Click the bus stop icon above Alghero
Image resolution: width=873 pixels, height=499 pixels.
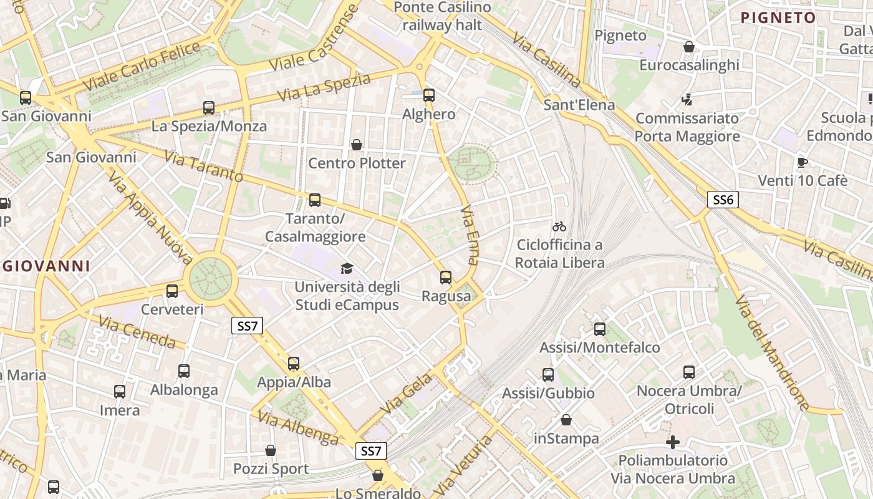pyautogui.click(x=429, y=95)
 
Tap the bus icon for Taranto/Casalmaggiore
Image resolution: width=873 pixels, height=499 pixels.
pyautogui.click(x=315, y=200)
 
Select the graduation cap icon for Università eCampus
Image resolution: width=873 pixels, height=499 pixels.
pyautogui.click(x=347, y=268)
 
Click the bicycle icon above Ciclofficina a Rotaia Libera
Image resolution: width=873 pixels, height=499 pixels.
pyautogui.click(x=559, y=226)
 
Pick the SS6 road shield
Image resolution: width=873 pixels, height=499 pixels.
pyautogui.click(x=723, y=200)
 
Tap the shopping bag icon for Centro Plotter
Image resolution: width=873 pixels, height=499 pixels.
pyautogui.click(x=357, y=145)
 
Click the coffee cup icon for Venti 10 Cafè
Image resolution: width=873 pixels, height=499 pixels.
pyautogui.click(x=803, y=162)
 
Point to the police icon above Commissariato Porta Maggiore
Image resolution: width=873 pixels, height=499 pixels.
pyautogui.click(x=687, y=99)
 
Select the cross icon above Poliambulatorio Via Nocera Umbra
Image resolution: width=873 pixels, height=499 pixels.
pyautogui.click(x=673, y=442)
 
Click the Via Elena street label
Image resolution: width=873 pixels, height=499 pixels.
pyautogui.click(x=470, y=236)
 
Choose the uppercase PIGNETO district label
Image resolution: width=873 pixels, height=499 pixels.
pyautogui.click(x=778, y=17)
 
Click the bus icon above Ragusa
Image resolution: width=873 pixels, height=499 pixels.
pyautogui.click(x=446, y=278)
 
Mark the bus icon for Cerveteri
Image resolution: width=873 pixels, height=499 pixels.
pyautogui.click(x=172, y=291)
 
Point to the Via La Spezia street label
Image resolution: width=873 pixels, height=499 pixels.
pyautogui.click(x=324, y=87)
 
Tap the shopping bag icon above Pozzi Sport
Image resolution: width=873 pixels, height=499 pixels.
pyautogui.click(x=271, y=450)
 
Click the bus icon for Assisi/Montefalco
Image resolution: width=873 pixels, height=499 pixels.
pyautogui.click(x=600, y=329)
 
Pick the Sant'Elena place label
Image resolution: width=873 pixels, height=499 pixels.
pyautogui.click(x=579, y=104)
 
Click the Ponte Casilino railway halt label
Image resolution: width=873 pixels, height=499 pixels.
pyautogui.click(x=443, y=16)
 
